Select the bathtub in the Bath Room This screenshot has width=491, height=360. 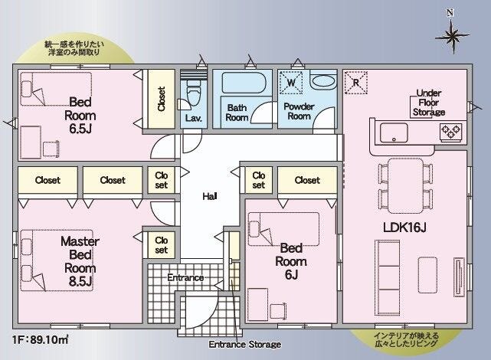pos(244,83)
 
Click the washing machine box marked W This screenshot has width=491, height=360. pos(291,83)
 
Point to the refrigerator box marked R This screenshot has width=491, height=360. pos(355,83)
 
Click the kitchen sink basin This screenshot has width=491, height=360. pos(394,133)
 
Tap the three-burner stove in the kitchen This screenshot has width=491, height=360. pos(451,132)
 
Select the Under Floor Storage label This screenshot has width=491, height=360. pos(429,103)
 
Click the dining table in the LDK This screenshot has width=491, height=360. pos(405,185)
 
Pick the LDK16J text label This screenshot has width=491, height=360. pos(404,227)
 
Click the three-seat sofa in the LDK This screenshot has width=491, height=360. pos(388,277)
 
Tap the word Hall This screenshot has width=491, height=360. pos(210,196)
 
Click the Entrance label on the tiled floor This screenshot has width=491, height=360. pos(185,277)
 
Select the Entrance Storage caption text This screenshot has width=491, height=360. pos(245,345)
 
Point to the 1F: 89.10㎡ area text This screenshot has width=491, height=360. pos(41,340)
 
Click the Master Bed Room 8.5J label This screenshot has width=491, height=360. pos(80,262)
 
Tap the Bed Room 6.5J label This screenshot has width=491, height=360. pos(80,115)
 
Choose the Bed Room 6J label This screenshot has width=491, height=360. pos(291,261)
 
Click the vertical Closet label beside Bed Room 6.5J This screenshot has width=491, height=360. pos(162,99)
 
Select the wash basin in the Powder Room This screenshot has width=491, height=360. pos(323,81)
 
